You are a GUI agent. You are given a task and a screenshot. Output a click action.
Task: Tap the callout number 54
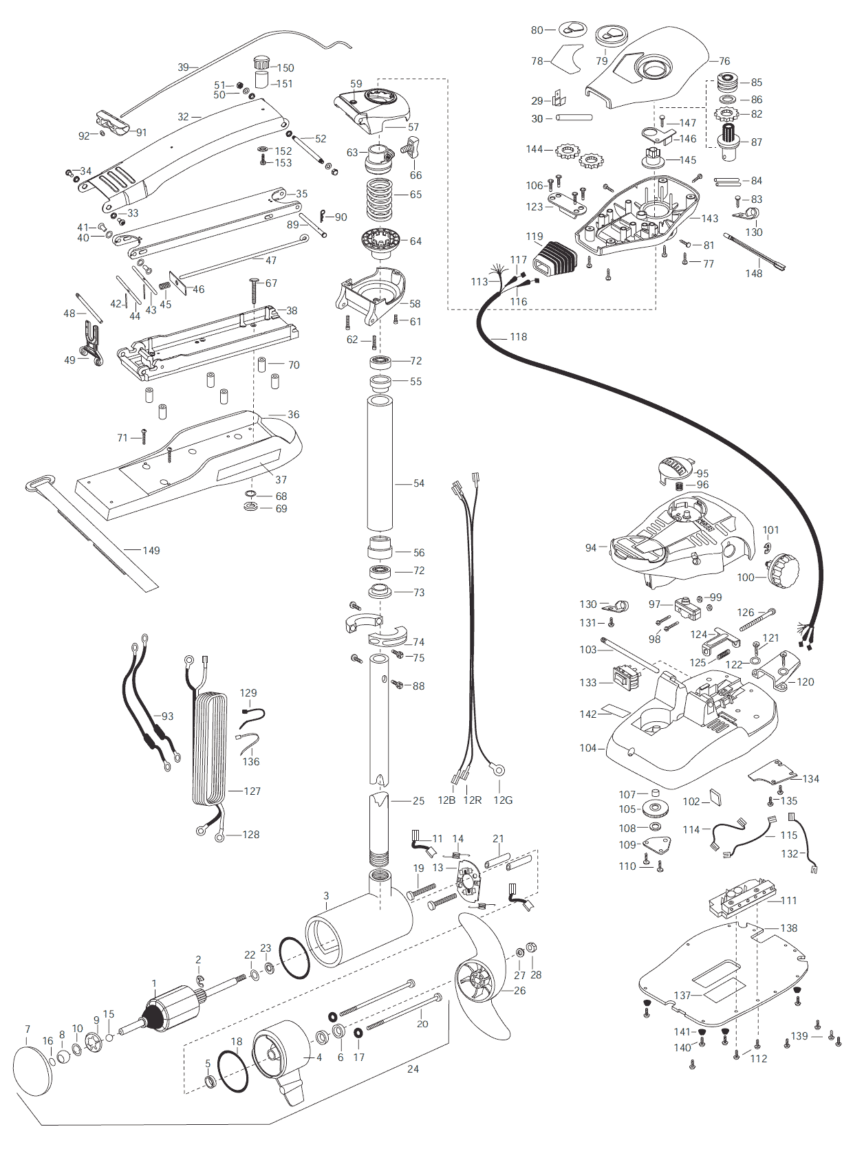tap(419, 483)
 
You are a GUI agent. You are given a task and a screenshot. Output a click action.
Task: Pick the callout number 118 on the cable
tap(519, 337)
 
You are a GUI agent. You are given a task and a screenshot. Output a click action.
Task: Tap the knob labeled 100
tap(784, 569)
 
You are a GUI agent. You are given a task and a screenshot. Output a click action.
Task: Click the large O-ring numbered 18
tap(233, 1071)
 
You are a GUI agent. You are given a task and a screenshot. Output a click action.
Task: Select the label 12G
tap(503, 800)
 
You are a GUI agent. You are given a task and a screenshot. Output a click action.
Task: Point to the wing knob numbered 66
tap(414, 147)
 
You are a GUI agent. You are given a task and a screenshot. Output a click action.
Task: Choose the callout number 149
tap(151, 551)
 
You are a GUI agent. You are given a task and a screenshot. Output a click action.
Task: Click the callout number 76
tap(724, 61)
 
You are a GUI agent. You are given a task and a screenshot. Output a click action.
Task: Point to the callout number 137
tap(682, 995)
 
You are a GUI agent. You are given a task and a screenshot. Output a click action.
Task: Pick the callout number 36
tap(294, 415)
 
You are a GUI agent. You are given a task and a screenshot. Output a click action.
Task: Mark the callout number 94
tap(591, 548)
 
